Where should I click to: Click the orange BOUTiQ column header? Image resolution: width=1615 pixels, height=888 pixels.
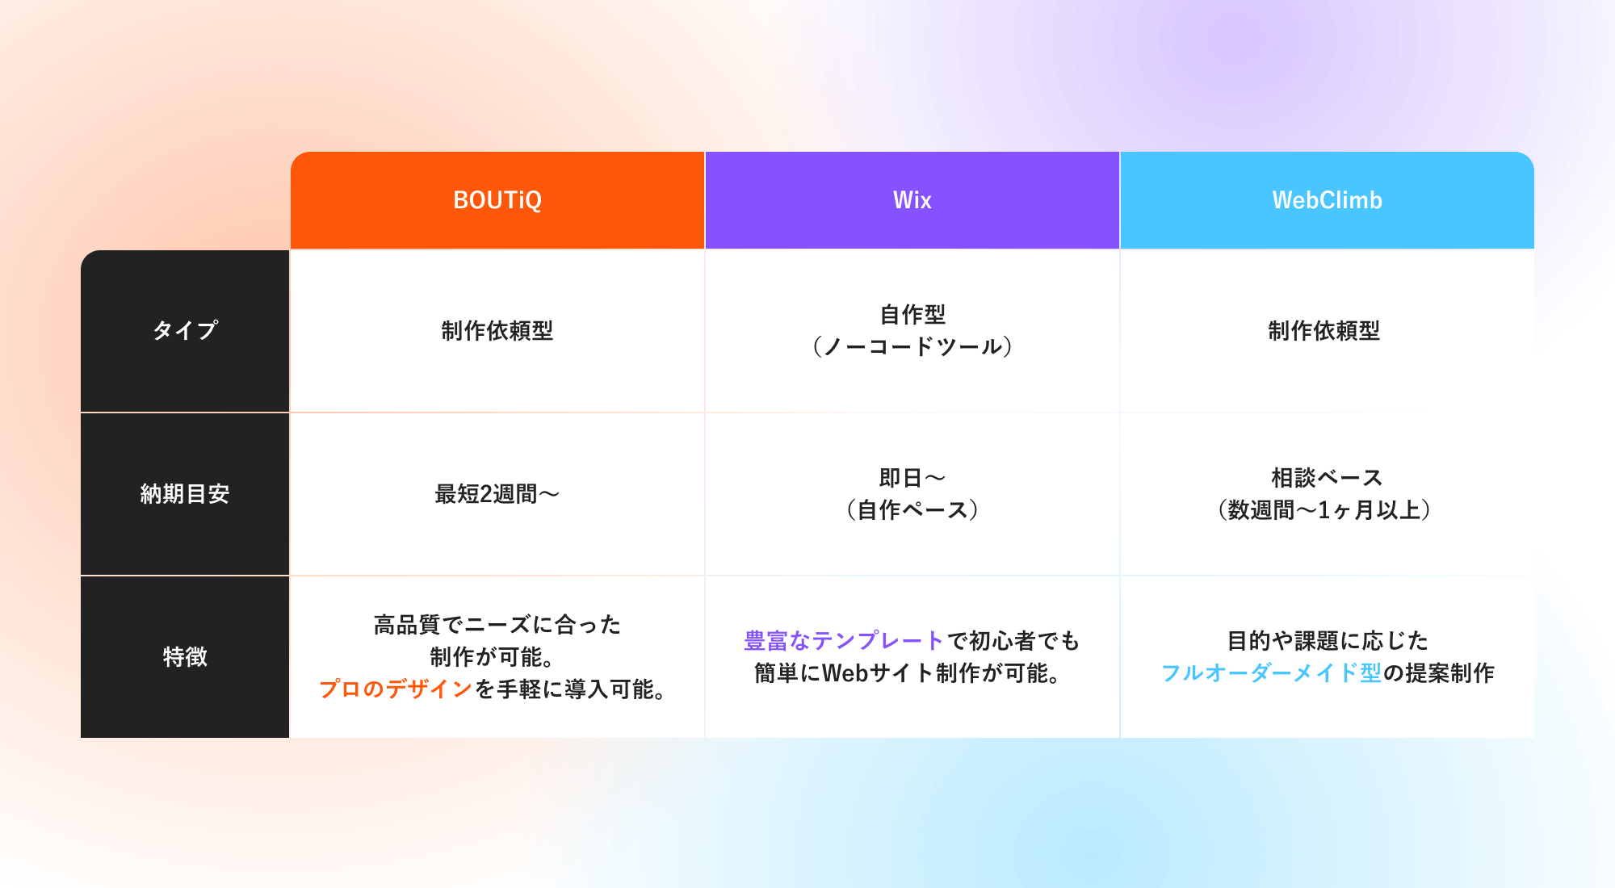pyautogui.click(x=497, y=200)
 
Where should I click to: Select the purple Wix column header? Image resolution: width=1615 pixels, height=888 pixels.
pyautogui.click(x=912, y=200)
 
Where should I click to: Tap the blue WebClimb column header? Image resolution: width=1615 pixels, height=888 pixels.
pyautogui.click(x=1328, y=200)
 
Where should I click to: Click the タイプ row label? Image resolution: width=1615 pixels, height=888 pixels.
pyautogui.click(x=185, y=331)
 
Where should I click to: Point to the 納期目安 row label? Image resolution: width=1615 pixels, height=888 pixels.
pyautogui.click(x=185, y=494)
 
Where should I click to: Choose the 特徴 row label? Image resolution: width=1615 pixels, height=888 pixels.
pyautogui.click(x=185, y=656)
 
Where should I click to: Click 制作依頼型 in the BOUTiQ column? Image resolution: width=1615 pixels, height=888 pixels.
pyautogui.click(x=497, y=331)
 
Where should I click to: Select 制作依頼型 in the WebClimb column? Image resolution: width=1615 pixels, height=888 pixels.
pyautogui.click(x=1324, y=331)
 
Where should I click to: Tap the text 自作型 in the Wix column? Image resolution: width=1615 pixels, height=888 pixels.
pyautogui.click(x=912, y=314)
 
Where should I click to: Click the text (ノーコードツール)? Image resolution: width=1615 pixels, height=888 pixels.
pyautogui.click(x=912, y=347)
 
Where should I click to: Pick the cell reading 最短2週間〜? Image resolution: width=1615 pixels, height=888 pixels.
pyautogui.click(x=497, y=494)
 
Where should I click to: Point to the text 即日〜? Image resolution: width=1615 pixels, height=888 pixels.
pyautogui.click(x=912, y=478)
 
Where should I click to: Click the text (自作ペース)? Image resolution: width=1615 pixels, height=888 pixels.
pyautogui.click(x=912, y=510)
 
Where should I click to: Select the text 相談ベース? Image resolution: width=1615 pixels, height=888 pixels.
pyautogui.click(x=1328, y=478)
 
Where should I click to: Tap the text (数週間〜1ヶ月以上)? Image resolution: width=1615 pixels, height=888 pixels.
pyautogui.click(x=1324, y=510)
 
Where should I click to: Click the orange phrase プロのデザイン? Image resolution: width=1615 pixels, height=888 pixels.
pyautogui.click(x=396, y=689)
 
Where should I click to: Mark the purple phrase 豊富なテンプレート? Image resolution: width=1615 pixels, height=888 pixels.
pyautogui.click(x=844, y=641)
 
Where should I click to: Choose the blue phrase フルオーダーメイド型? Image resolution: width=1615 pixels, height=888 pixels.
pyautogui.click(x=1271, y=673)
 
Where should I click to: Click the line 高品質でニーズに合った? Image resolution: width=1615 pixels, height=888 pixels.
pyautogui.click(x=497, y=625)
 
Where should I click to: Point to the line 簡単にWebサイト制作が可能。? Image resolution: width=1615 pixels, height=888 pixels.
pyautogui.click(x=908, y=673)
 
